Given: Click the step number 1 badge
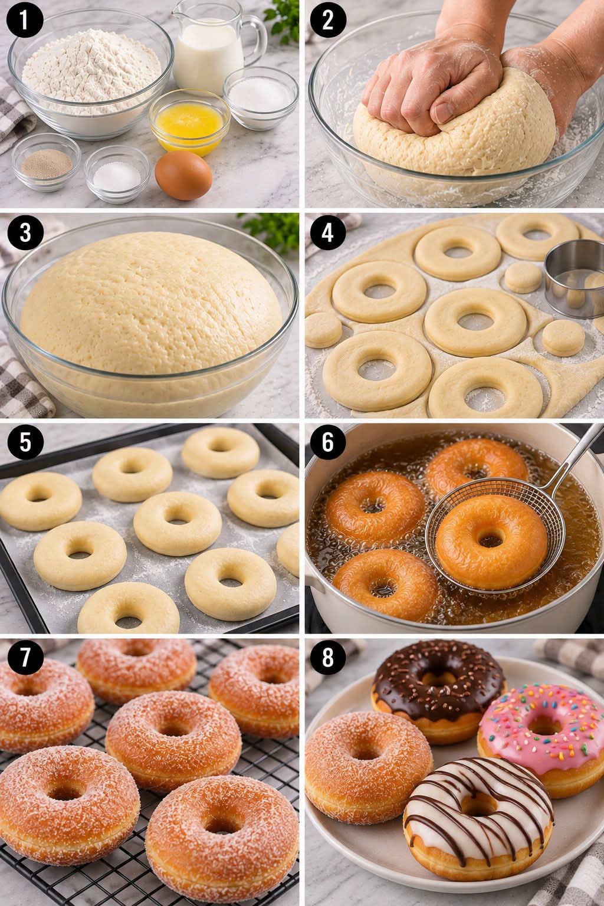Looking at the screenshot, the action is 25,20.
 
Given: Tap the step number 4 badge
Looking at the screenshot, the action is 328,233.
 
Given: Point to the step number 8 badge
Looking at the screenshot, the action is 328,657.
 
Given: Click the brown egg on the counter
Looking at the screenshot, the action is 183,175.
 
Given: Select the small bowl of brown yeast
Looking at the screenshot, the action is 46,162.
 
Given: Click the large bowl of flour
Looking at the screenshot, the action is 91,73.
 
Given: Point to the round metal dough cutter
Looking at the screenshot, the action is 575,278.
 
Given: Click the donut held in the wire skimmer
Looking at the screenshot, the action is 491,536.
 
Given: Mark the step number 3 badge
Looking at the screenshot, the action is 25,233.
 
